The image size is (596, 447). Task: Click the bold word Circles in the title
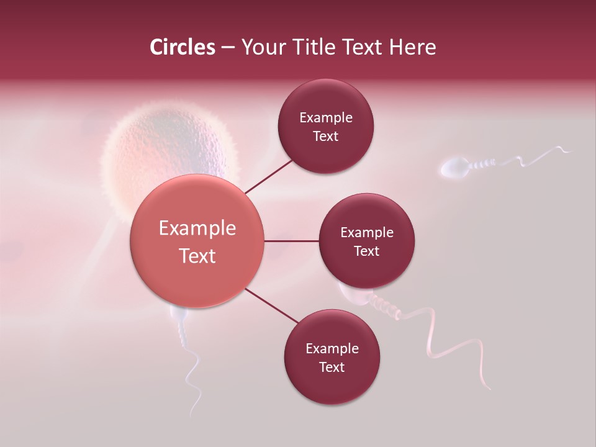point(182,47)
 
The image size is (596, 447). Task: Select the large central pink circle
point(197,241)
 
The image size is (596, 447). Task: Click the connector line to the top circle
point(269,176)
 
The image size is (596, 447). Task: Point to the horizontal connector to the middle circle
point(292,241)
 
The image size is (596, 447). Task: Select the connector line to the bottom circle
point(271,305)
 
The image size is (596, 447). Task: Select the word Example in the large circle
point(197,228)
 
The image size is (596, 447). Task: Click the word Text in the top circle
point(325,137)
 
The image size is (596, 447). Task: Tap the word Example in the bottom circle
point(332,349)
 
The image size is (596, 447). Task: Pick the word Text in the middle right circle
point(366,251)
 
